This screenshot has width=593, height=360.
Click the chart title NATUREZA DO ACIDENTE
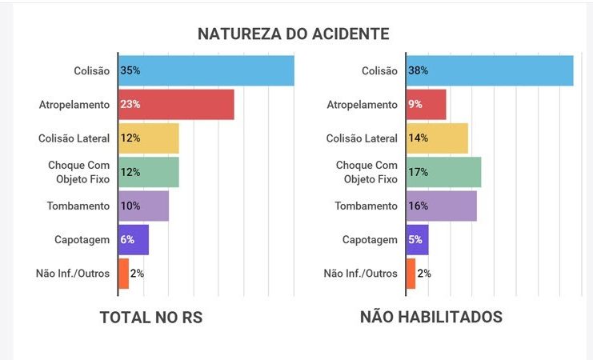[x=294, y=34]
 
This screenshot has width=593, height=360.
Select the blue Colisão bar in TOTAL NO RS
[x=206, y=70]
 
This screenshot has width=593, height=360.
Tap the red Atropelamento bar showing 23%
[x=176, y=104]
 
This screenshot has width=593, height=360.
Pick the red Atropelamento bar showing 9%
[x=426, y=104]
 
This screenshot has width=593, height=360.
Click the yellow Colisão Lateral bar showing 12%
[x=149, y=138]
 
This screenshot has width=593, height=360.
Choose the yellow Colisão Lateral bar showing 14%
[x=437, y=138]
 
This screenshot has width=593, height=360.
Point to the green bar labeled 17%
[x=443, y=172]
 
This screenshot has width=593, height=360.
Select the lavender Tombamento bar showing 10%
[x=143, y=206]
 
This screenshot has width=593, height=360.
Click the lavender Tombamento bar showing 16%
[x=441, y=206]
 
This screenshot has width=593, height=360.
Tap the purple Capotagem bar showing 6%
[x=134, y=239]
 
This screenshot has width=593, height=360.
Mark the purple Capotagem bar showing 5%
[x=418, y=239]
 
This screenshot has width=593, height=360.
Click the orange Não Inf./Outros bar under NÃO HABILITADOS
[x=411, y=273]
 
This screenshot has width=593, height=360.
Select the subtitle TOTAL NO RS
[x=151, y=317]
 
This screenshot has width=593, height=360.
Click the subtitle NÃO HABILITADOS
[x=431, y=317]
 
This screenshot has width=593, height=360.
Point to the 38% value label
[x=418, y=70]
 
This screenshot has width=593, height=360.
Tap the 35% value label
[x=130, y=70]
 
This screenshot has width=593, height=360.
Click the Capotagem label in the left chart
[x=82, y=239]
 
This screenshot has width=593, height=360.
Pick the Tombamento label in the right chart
[x=365, y=206]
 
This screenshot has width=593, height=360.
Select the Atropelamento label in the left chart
[x=74, y=104]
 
